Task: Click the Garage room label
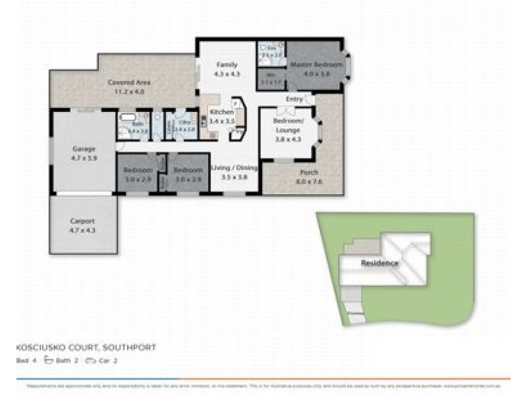(84, 149)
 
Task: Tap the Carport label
(83, 221)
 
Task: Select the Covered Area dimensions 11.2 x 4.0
(129, 92)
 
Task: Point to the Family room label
(228, 65)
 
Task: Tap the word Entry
(294, 99)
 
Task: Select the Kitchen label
(221, 113)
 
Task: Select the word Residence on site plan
(379, 263)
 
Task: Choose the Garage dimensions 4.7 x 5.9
(84, 158)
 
